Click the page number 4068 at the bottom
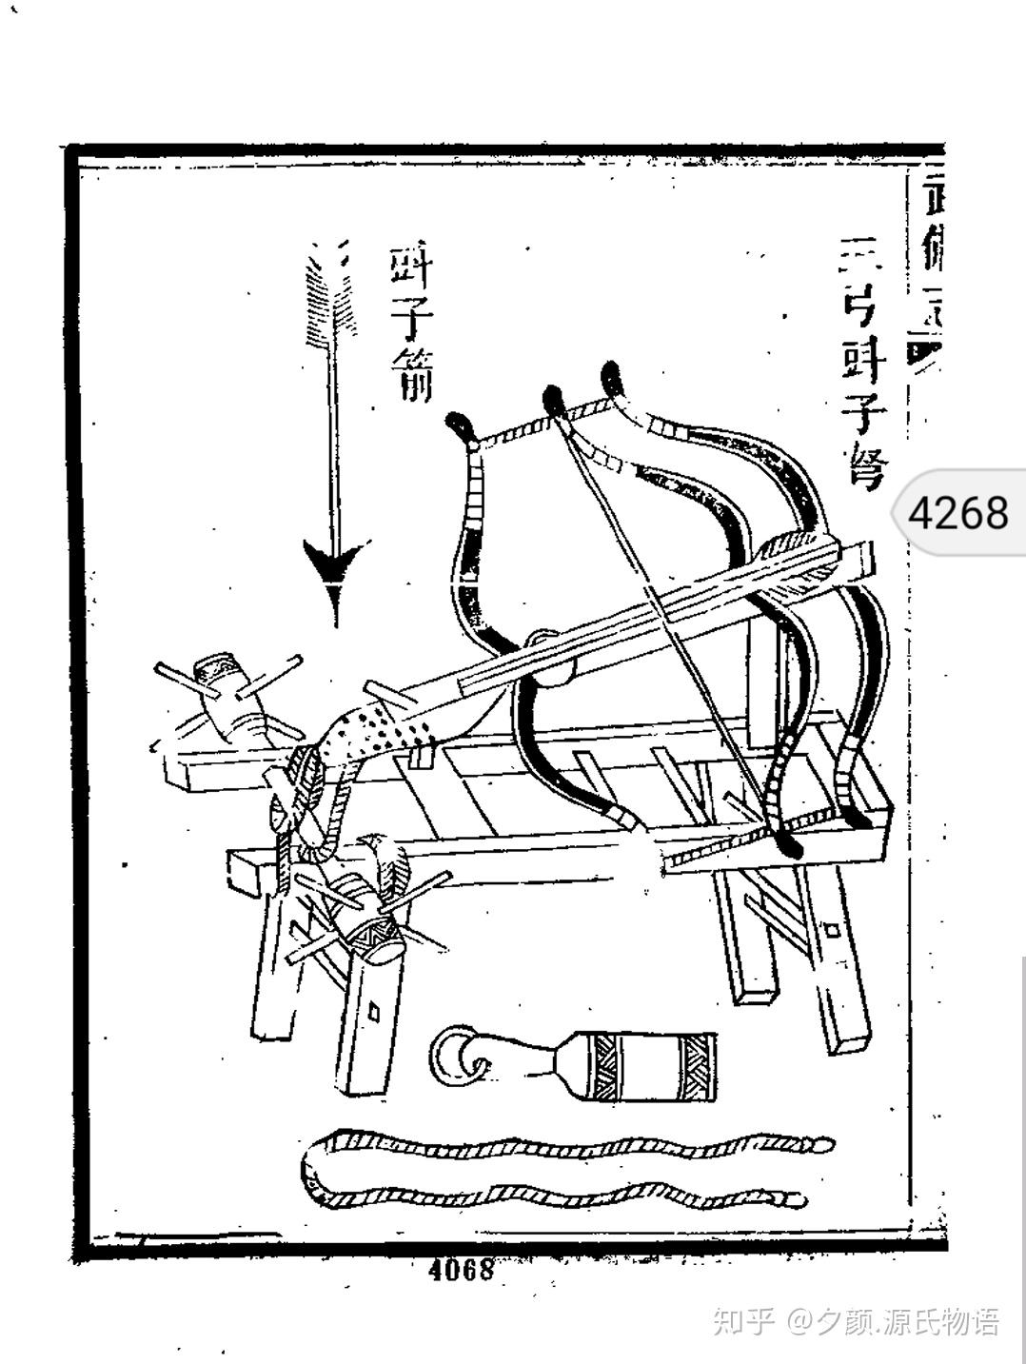pyautogui.click(x=462, y=1269)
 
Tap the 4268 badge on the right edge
pyautogui.click(x=957, y=512)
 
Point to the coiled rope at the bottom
pyautogui.click(x=562, y=1172)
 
